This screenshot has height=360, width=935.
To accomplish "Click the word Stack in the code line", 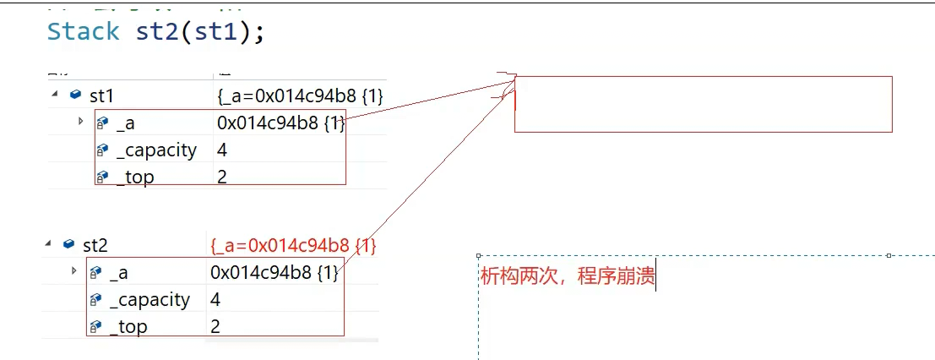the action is click(83, 32).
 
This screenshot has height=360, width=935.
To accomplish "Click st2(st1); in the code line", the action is click(200, 32).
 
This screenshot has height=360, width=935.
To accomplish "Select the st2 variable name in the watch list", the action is click(95, 245).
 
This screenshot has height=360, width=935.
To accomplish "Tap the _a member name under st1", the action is click(125, 123).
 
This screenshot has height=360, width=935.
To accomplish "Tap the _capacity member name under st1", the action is click(156, 150).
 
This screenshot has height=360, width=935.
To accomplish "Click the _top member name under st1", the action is click(135, 177).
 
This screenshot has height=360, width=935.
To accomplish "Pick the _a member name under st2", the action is click(119, 272).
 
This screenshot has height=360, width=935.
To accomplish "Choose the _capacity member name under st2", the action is click(150, 299).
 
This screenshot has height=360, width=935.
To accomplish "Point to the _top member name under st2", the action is click(128, 326).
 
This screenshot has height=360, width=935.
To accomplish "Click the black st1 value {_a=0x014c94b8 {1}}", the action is click(300, 96).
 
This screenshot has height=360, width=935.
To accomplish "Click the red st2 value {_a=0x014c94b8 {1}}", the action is click(293, 246).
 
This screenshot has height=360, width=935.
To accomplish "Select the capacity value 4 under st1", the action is click(222, 150).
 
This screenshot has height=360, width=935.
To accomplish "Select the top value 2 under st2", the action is click(215, 326).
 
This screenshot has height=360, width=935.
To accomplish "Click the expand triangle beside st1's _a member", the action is click(81, 122).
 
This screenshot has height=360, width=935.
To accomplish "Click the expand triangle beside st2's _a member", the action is click(74, 271).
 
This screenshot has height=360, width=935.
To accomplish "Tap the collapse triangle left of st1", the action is click(55, 95).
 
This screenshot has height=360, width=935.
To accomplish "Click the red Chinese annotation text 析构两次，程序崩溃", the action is click(567, 276).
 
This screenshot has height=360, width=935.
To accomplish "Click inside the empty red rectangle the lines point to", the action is click(703, 104).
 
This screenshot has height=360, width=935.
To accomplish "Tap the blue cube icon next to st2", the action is click(68, 244).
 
